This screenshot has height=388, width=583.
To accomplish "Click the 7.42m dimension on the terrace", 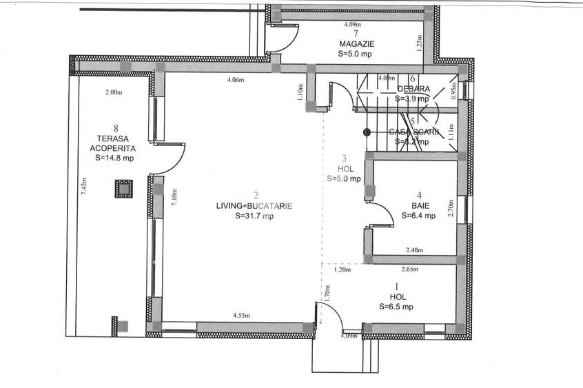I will click(84, 187).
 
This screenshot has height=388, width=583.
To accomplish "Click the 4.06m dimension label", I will click(236, 80).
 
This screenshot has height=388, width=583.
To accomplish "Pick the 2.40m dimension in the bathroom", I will click(414, 250).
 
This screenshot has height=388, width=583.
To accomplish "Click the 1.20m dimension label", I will click(342, 270).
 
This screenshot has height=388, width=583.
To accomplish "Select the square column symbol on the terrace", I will click(123, 189).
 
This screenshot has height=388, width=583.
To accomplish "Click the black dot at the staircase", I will click(367, 132).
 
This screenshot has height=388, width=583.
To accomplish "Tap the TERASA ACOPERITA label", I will click(116, 143).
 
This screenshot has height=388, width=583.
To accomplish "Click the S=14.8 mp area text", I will click(115, 158).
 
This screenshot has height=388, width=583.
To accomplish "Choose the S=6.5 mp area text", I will click(396, 307).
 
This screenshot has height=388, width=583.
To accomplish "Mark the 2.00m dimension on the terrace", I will click(113, 93).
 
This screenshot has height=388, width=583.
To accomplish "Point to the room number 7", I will click(356, 33).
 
